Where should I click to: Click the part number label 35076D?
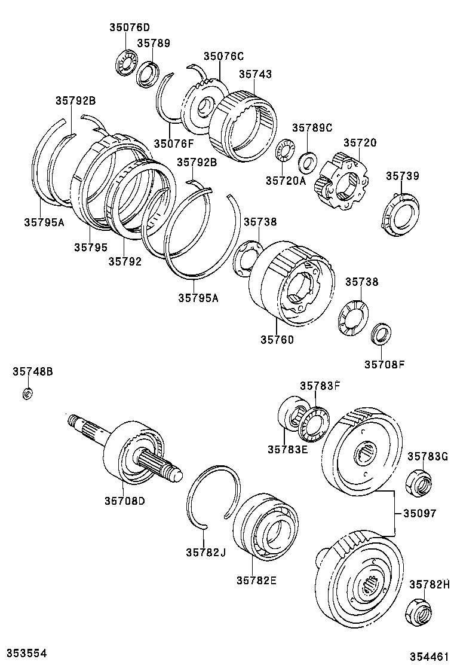pos(129,28)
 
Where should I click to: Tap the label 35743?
pos(255,75)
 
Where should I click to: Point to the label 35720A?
pos(286,181)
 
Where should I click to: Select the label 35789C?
pos(312,128)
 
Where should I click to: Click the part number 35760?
pos(277,339)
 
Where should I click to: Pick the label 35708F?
pos(384,363)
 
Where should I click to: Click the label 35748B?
pos(33,372)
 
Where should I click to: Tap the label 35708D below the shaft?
pos(125,501)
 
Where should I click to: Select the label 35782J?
pos(205,551)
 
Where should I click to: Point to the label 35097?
pos(419,513)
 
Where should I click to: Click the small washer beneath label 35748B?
pos(26,393)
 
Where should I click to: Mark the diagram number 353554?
pos(27,652)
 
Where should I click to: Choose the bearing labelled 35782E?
pos(263,526)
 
